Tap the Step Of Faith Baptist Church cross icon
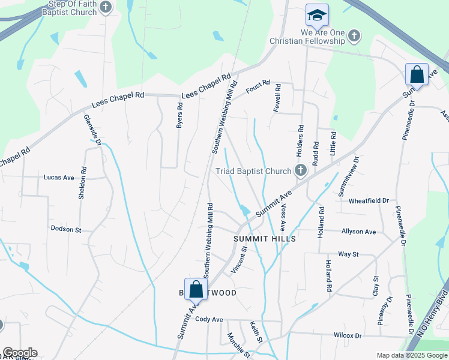106,7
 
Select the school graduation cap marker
317,14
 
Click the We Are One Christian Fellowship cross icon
354,35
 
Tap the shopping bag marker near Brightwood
196,289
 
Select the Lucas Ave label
59,178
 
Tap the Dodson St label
66,229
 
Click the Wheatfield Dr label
369,200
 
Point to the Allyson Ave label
358,232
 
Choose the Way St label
348,254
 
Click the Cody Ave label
209,319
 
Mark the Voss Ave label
283,219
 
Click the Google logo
19,353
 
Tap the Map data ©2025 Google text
411,355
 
